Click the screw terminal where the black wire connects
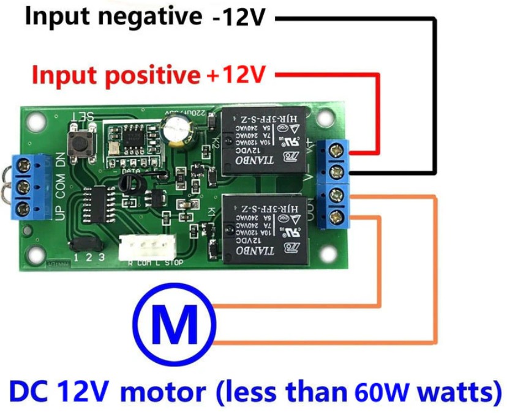point(336,172)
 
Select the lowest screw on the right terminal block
point(336,216)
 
